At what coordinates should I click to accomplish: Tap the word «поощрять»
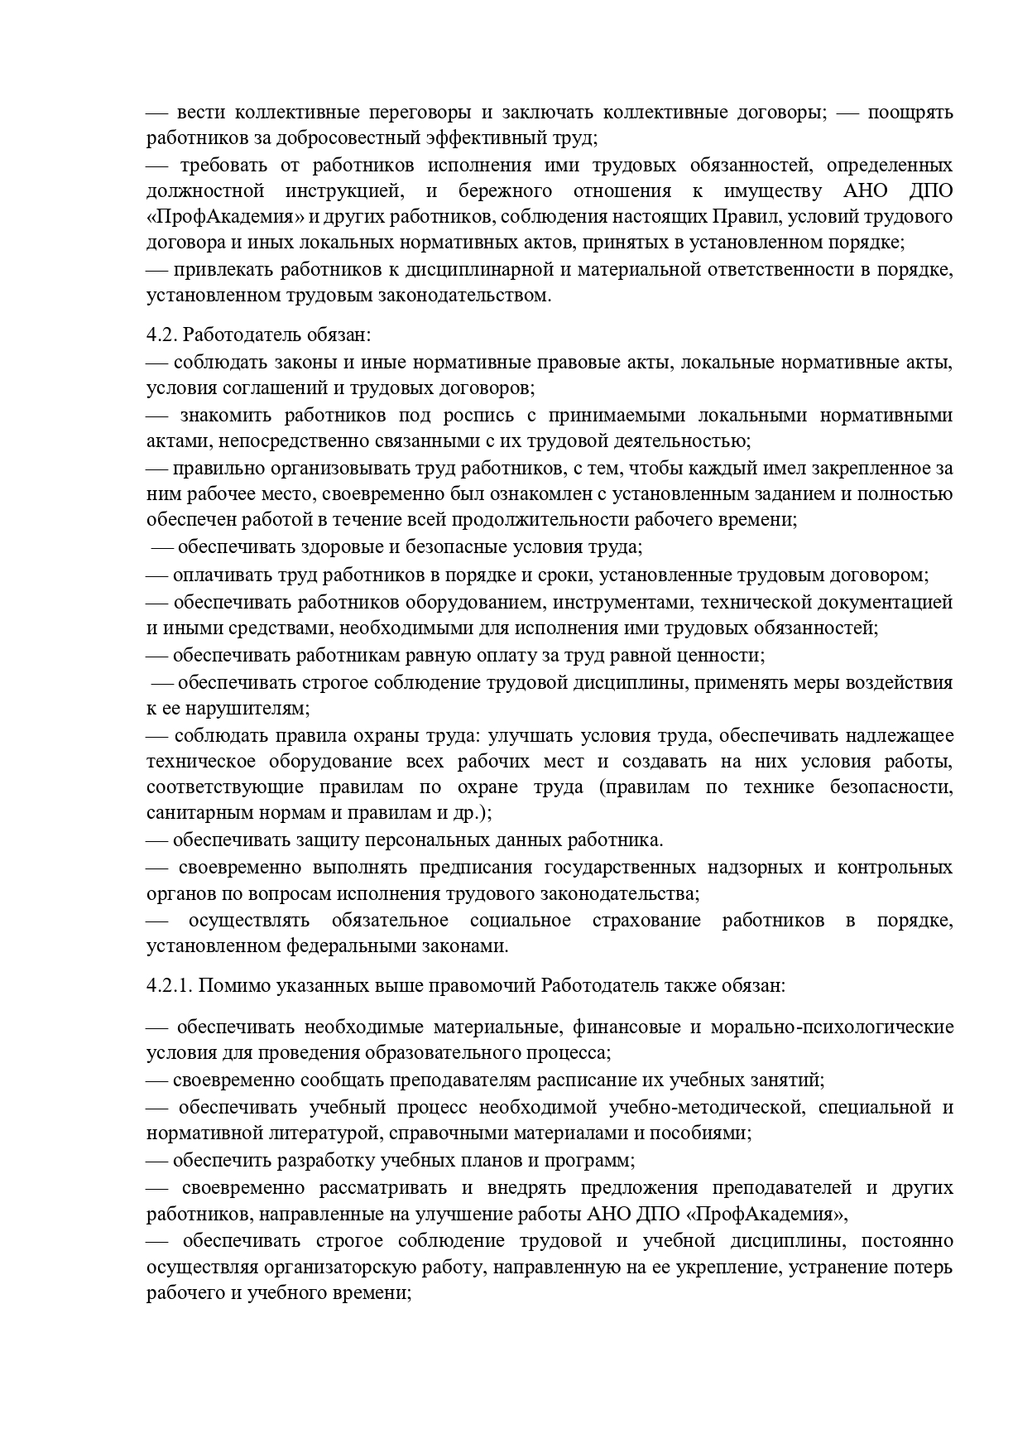tap(909, 113)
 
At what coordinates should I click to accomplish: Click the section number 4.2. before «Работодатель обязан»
tap(161, 334)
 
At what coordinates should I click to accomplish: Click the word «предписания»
tap(473, 868)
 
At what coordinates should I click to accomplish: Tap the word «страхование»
tap(646, 921)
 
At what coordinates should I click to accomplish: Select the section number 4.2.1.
tap(169, 985)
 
